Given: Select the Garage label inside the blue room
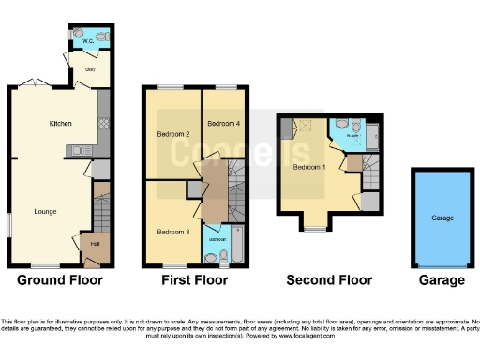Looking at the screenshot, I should [442, 217].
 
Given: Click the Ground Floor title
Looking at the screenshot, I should [60, 279].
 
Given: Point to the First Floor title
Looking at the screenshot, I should [193, 279].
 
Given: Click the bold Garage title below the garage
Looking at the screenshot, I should [442, 279].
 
